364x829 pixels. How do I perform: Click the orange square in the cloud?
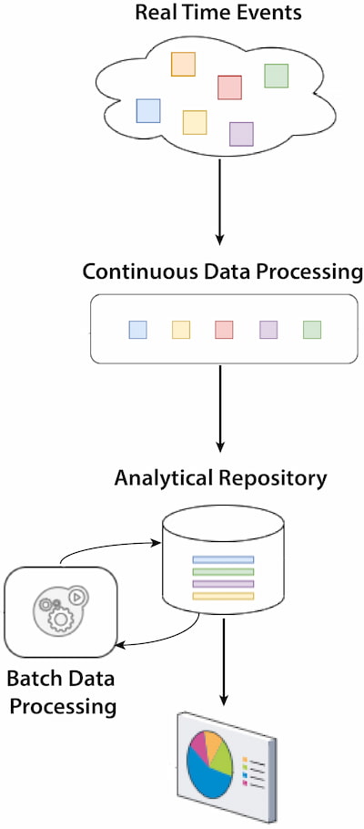[x=183, y=64]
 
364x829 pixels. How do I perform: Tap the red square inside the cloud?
[x=230, y=87]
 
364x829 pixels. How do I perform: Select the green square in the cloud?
[x=277, y=76]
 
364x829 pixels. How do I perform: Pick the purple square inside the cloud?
[x=241, y=134]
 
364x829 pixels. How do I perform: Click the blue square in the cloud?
[x=148, y=110]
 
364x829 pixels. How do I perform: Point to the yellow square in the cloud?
[x=195, y=122]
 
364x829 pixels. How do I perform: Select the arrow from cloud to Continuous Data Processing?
[x=220, y=201]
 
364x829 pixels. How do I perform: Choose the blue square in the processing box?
[x=138, y=330]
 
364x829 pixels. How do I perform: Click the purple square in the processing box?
[x=268, y=330]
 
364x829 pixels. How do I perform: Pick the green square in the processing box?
[x=312, y=330]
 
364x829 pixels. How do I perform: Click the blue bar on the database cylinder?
[x=223, y=559]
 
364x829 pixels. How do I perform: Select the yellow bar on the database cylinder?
[x=223, y=597]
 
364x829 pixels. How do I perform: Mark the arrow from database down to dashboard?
[x=224, y=661]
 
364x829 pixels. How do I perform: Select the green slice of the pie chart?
[x=221, y=756]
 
